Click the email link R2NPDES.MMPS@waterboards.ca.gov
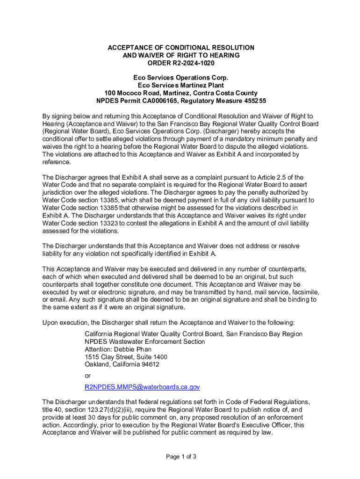(x=142, y=387)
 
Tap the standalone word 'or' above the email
(x=88, y=376)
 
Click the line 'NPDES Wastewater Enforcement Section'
(x=144, y=341)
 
